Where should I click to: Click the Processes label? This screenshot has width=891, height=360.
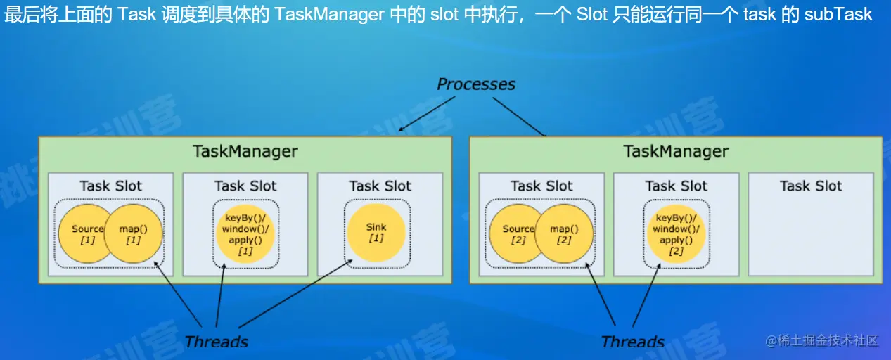click(x=476, y=84)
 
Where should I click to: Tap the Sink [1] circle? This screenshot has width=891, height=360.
click(x=376, y=232)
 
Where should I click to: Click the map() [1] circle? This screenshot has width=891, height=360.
click(x=134, y=233)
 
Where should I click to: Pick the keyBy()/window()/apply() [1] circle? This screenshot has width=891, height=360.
click(x=245, y=233)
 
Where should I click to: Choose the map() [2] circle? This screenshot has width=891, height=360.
click(x=564, y=233)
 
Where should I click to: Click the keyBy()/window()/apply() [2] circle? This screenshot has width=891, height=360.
click(x=676, y=233)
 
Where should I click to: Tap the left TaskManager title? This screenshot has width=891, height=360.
click(x=245, y=151)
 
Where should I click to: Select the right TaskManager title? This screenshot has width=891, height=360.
click(x=676, y=151)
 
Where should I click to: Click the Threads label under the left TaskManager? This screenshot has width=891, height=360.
click(x=216, y=342)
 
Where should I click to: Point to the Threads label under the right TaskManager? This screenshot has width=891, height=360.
click(x=632, y=342)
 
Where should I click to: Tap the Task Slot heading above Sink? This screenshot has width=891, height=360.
click(x=380, y=186)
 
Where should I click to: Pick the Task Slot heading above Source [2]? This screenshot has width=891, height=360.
click(x=541, y=186)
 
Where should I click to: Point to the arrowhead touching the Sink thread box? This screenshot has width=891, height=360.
click(x=350, y=263)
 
